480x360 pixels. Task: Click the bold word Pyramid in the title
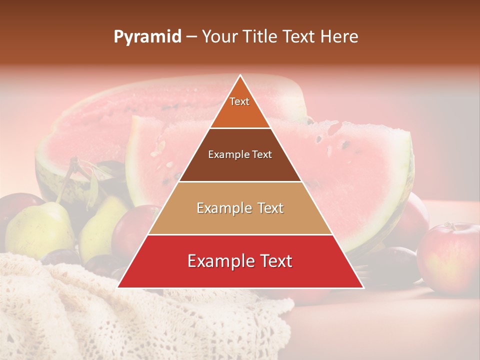coord(147,37)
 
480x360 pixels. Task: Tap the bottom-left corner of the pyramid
coord(118,287)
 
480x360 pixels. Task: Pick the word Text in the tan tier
coord(268,208)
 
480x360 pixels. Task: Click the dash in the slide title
coord(191,36)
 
